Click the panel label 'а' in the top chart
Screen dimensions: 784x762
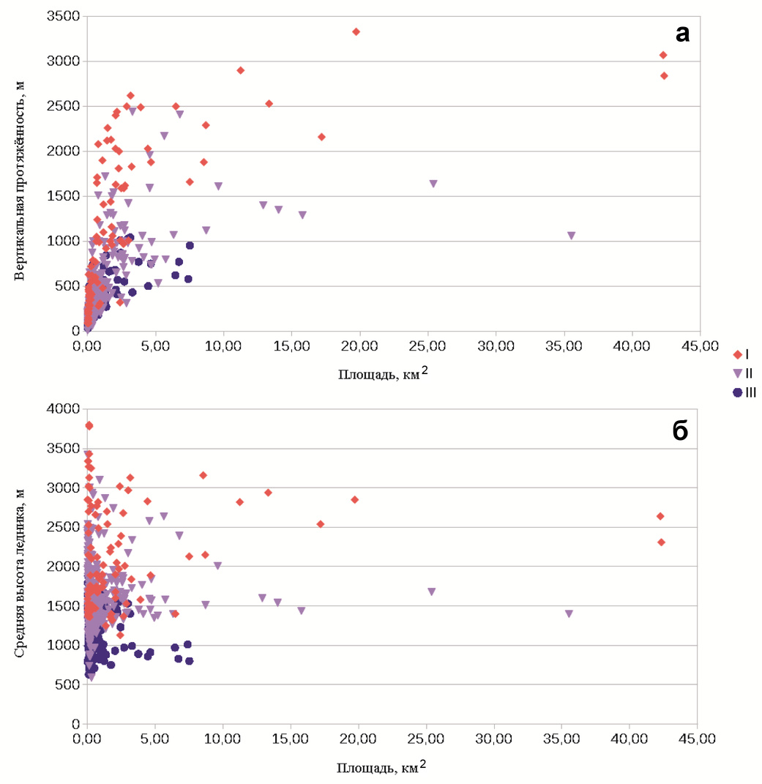coord(681,33)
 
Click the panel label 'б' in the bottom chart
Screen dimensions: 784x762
coord(680,431)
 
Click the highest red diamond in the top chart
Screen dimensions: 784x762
coord(356,31)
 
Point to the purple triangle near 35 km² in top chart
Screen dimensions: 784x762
coord(571,236)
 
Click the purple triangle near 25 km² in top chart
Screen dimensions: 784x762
coord(433,184)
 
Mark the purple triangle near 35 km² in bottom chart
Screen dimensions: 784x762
coord(569,614)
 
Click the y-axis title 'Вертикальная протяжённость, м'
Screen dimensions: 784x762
coord(21,173)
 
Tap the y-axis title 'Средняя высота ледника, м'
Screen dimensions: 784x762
coord(21,566)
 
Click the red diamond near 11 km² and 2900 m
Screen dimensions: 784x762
coord(240,70)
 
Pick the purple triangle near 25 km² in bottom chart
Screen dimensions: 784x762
coord(432,591)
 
